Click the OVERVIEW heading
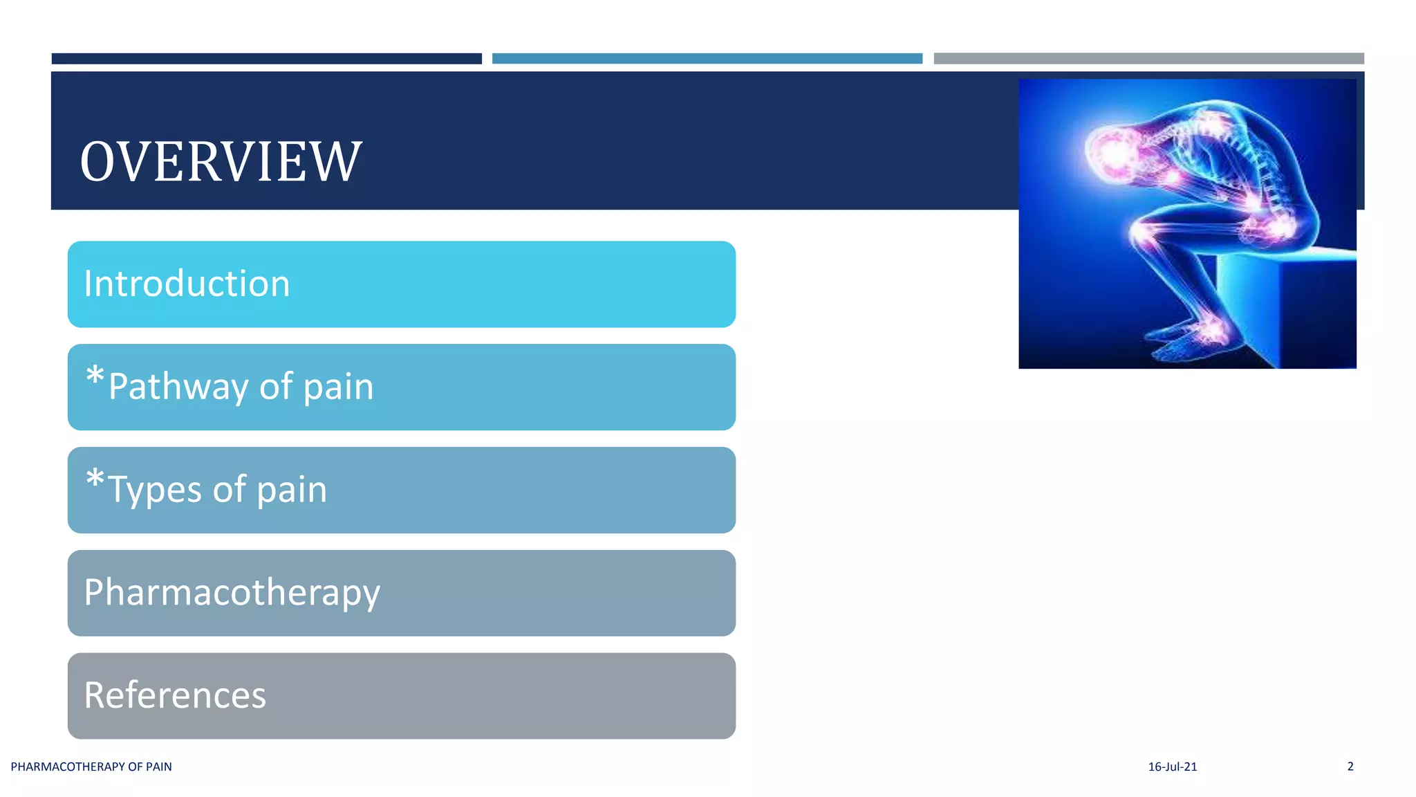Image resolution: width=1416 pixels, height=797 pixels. click(x=221, y=161)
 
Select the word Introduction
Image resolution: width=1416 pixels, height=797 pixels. click(x=187, y=284)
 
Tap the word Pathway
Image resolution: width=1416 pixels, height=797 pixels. click(x=178, y=387)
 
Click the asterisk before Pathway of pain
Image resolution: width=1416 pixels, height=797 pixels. click(x=95, y=377)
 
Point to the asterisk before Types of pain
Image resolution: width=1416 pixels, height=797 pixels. click(x=95, y=479)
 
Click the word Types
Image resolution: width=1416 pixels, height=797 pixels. click(x=155, y=491)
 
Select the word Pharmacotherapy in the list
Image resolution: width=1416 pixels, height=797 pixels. click(x=232, y=593)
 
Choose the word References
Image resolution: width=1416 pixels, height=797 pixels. click(x=175, y=695)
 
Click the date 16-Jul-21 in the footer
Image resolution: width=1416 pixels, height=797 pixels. click(x=1172, y=767)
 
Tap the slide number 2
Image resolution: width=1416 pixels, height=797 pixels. click(x=1350, y=766)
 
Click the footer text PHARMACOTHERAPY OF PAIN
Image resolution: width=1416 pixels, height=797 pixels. click(x=91, y=767)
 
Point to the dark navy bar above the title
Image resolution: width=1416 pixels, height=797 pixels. click(x=266, y=59)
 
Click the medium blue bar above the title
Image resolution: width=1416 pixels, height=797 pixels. click(x=707, y=59)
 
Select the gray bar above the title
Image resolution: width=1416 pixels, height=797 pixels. click(x=1148, y=59)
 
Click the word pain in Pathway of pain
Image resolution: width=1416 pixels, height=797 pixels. click(x=338, y=387)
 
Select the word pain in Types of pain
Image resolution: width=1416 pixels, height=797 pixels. click(x=292, y=491)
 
